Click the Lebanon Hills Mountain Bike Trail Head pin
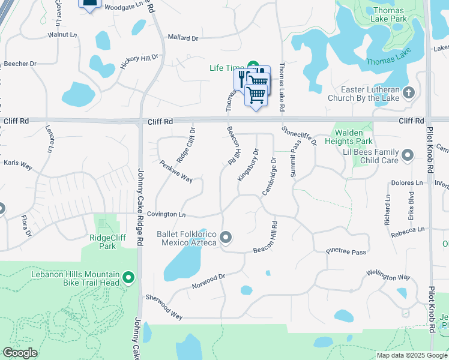click(x=128, y=277)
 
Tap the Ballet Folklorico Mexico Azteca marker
click(x=226, y=238)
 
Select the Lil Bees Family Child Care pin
click(x=408, y=156)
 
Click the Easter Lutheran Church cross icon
click(x=409, y=92)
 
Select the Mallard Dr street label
click(x=182, y=38)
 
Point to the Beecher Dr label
click(x=20, y=64)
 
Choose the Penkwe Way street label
click(x=176, y=171)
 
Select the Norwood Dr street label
click(x=208, y=281)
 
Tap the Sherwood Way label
click(x=164, y=307)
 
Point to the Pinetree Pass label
click(x=346, y=252)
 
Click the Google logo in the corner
click(x=20, y=353)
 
